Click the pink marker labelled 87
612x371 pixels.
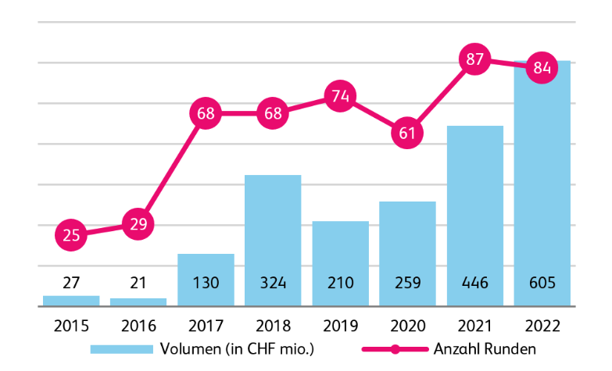[x=474, y=59]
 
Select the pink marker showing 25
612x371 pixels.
[x=70, y=235]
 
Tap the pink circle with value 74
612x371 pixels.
[x=340, y=96]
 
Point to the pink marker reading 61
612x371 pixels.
[x=407, y=133]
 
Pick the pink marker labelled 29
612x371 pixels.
[x=138, y=224]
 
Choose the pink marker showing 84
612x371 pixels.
[x=542, y=67]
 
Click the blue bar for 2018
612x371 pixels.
[x=273, y=241]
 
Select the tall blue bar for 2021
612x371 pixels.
[x=475, y=216]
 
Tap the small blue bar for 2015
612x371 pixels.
[x=71, y=301]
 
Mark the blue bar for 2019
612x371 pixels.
[x=340, y=263]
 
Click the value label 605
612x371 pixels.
[x=542, y=283]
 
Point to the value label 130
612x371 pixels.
[x=206, y=283]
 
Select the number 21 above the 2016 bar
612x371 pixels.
[x=138, y=283]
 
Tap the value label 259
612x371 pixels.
[x=407, y=283]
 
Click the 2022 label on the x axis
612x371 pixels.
[x=542, y=326]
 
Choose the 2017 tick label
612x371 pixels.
[x=206, y=326]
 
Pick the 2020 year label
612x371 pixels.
[x=408, y=326]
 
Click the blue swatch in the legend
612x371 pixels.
[x=122, y=349]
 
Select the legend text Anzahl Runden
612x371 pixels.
[x=485, y=349]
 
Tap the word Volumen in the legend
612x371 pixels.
[x=191, y=349]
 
